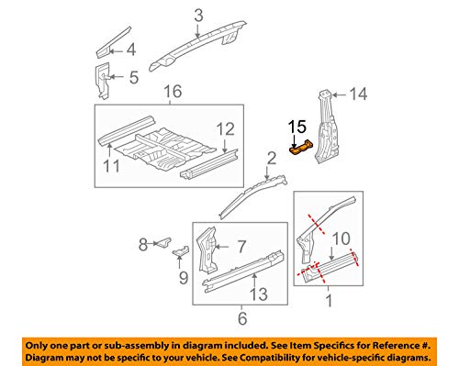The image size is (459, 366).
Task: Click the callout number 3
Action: [x=198, y=13]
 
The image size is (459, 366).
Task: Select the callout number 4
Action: [x=131, y=50]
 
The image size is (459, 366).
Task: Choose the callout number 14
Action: [x=360, y=93]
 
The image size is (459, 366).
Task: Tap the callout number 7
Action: [x=241, y=245]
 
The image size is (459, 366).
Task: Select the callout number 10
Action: [x=340, y=238]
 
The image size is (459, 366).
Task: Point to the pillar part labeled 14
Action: [x=325, y=128]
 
